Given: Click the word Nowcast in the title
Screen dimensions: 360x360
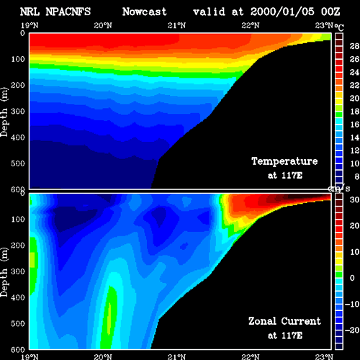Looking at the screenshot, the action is coord(145,12).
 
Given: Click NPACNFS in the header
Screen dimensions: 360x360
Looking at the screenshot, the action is coord(68,12).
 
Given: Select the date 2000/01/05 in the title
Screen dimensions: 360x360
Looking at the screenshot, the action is coord(282,12).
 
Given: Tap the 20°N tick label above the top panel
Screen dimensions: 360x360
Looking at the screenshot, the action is coord(103,25).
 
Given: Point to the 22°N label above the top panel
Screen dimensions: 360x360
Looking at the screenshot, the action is coord(251,25).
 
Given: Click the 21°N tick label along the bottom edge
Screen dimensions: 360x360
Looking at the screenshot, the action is coord(176,356).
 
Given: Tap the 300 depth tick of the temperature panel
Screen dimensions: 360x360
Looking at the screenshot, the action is coord(18,112).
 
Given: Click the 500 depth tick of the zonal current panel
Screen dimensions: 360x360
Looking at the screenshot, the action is coord(18,323).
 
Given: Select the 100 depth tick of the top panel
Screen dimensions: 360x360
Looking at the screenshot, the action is coord(18,59).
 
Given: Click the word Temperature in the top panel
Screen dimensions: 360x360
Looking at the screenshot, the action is coord(284,161).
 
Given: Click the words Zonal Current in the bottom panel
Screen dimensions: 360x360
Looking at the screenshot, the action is coord(284,321).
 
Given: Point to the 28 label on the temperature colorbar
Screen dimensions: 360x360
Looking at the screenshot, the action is coord(354,46).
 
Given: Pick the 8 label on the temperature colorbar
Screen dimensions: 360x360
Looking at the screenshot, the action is coord(357,176).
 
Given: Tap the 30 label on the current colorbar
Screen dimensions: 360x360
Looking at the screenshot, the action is coord(354,199).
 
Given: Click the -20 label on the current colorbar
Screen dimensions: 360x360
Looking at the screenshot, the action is coord(352,330).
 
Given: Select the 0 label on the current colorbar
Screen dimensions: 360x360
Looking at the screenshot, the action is coord(352,278).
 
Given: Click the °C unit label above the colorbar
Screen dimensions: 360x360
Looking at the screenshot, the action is coord(339,27).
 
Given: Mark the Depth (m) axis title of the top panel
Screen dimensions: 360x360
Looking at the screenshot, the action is coord(4,112).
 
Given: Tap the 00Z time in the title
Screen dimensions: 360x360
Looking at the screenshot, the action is coord(330,12).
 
